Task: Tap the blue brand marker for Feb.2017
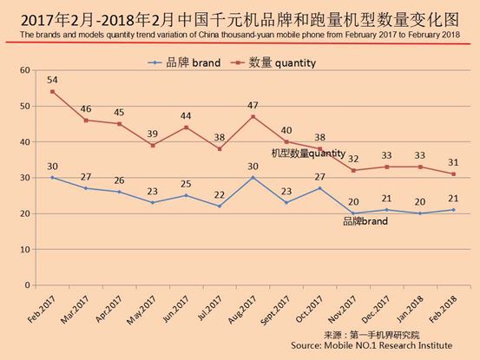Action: tap(53, 177)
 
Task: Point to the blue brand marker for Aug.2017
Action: tap(253, 177)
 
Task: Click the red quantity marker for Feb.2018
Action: tap(453, 173)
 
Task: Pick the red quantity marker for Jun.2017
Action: tap(187, 127)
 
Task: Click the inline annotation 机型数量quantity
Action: tap(307, 154)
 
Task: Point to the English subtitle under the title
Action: tap(240, 35)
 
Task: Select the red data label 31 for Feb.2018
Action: tap(453, 161)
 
